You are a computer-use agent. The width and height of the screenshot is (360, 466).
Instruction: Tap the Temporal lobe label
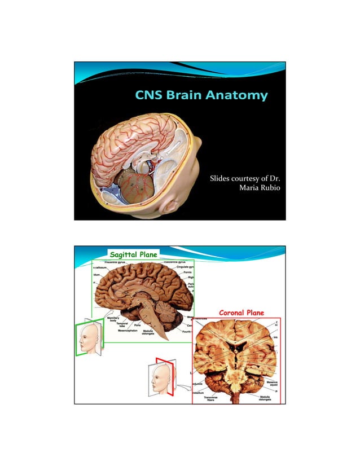[121, 326]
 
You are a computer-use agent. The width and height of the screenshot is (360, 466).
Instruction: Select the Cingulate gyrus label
[185, 267]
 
